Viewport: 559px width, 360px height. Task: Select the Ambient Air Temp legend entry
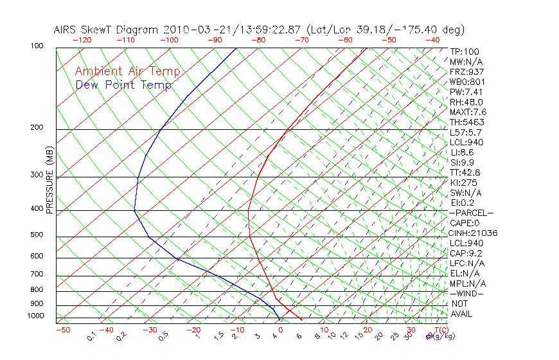click(127, 71)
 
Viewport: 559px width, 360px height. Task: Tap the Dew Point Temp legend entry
click(123, 85)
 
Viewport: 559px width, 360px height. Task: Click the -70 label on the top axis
click(301, 40)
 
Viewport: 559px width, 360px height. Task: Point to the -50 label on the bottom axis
click(62, 330)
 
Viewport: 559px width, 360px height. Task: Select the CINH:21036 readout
click(474, 233)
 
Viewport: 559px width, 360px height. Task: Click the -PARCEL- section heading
click(471, 213)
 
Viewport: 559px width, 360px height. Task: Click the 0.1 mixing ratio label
click(91, 336)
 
